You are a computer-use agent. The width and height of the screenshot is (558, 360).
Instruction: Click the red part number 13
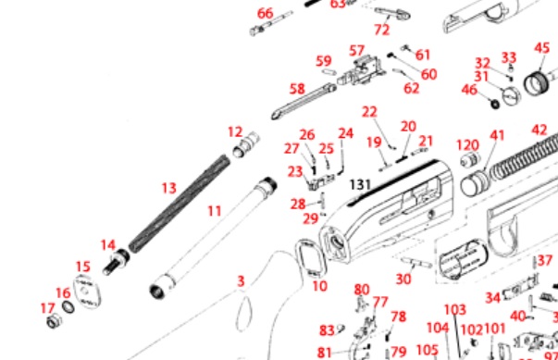click(x=169, y=188)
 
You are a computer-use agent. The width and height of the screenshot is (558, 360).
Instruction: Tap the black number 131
click(x=360, y=184)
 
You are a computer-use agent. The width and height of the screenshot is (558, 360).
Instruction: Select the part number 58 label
click(x=297, y=89)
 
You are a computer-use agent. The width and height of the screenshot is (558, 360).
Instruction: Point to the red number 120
click(x=467, y=145)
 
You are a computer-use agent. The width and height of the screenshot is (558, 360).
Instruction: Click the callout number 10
click(x=319, y=286)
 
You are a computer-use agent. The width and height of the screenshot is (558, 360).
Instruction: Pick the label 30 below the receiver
click(x=403, y=279)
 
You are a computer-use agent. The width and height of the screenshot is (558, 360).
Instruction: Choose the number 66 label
click(x=266, y=14)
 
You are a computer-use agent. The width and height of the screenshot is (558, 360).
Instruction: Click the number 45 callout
click(x=542, y=48)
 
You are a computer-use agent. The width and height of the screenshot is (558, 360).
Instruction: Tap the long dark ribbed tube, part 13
click(x=179, y=204)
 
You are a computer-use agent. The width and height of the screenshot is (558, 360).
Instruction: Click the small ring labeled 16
click(x=68, y=307)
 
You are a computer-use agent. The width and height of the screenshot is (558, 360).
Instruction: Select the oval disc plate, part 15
click(x=87, y=292)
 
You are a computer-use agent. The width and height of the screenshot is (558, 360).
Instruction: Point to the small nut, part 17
click(x=54, y=321)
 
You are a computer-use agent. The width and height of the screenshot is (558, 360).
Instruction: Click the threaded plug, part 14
click(x=117, y=261)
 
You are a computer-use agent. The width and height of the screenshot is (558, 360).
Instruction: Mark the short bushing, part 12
click(x=245, y=144)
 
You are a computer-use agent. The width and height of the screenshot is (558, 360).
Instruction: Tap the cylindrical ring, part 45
click(x=537, y=83)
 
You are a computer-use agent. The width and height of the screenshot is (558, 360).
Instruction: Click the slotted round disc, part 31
click(x=511, y=95)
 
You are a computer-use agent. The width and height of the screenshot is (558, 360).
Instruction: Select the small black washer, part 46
click(x=495, y=104)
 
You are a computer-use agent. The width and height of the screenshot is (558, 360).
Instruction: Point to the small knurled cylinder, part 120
click(x=470, y=158)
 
